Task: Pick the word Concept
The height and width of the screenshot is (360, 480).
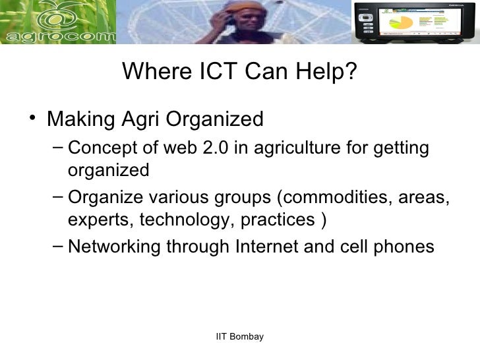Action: tap(98, 148)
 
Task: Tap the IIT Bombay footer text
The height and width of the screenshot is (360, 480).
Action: tap(240, 337)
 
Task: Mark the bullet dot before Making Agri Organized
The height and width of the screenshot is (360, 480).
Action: tap(33, 119)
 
